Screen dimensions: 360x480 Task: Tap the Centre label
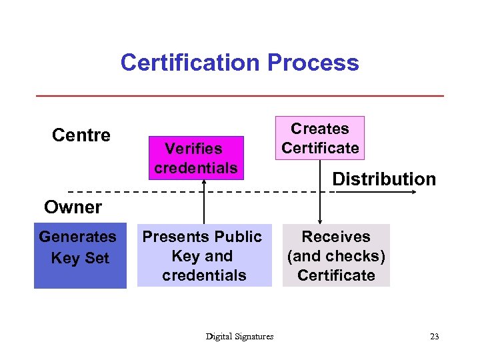[x=81, y=135]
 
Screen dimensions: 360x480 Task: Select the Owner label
[x=73, y=207]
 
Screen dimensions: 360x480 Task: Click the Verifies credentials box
[x=195, y=158]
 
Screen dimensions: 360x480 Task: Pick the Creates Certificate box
[x=320, y=138]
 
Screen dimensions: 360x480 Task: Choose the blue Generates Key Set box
[x=80, y=256]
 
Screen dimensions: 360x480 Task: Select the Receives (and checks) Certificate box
[x=336, y=256]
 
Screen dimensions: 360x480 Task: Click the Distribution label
[x=384, y=179]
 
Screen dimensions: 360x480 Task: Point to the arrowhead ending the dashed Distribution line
[x=414, y=192]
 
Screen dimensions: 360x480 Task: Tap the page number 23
[x=435, y=337]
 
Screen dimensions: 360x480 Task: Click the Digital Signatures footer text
[x=239, y=337]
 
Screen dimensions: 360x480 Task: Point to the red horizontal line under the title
[x=239, y=96]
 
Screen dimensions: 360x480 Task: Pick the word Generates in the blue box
[x=78, y=237]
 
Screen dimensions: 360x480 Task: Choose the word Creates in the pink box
[x=320, y=129]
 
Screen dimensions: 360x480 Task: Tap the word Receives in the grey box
[x=336, y=237]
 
